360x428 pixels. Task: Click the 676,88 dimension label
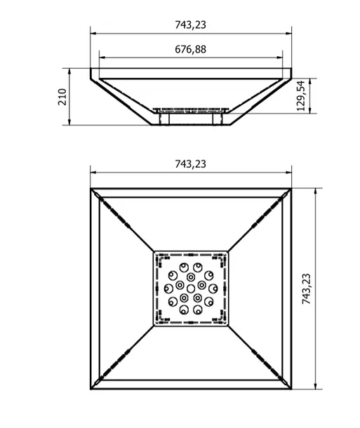[190, 49]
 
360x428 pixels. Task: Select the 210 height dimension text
[62, 97]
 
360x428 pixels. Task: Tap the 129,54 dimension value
[300, 96]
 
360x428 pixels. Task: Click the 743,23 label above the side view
[190, 25]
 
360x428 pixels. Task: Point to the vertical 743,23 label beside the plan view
[307, 289]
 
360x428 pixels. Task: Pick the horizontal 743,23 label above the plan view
[190, 164]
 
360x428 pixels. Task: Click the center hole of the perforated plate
[191, 288]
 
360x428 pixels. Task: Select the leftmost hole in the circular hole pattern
[168, 288]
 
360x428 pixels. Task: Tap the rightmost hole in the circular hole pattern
[213, 288]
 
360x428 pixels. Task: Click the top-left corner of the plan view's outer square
[91, 188]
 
